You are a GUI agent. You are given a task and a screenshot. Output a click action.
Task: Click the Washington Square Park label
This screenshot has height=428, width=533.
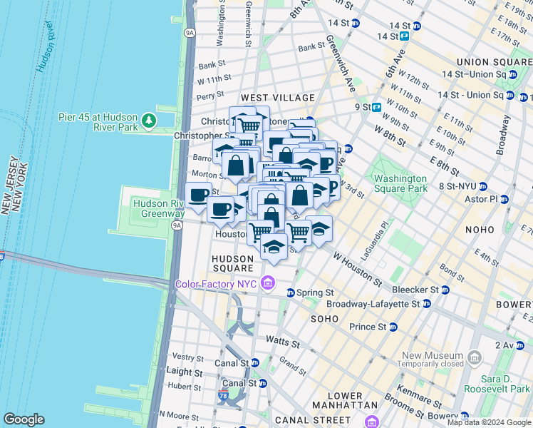coord(400,183)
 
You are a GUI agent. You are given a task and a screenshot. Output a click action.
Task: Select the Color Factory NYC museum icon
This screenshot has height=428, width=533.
coord(268,283)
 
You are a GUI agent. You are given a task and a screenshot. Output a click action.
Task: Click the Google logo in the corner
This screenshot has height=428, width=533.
coord(24,419)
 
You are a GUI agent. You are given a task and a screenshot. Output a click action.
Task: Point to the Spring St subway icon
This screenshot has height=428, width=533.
coord(291,293)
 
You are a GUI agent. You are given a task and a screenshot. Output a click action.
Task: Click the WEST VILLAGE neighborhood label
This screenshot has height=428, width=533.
coord(277,97)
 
